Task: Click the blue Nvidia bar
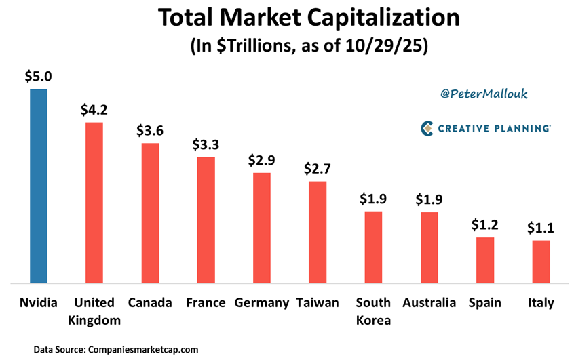pos(39,186)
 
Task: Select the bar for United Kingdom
pos(94,202)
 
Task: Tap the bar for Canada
pos(150,213)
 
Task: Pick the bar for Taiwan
pos(318,232)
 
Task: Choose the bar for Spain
pos(485,260)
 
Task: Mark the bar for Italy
pos(541,261)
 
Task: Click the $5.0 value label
pos(39,77)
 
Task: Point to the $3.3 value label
pos(206,144)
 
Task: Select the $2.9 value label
pos(262,160)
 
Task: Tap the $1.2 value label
pos(485,224)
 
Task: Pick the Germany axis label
pos(262,303)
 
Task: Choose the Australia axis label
pos(429,303)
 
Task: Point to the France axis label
pos(206,303)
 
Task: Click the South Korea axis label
pos(373,311)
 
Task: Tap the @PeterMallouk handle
pos(484,94)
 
